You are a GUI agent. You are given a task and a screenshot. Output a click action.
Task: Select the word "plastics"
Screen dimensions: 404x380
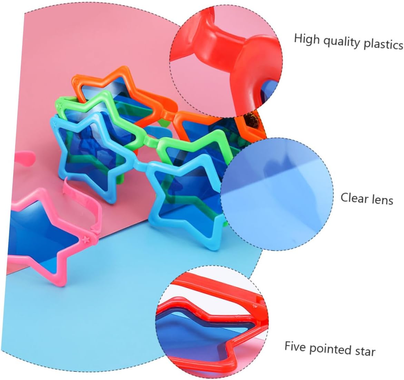coord(383,44)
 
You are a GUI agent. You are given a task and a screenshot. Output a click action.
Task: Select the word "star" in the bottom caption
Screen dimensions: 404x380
coord(365,351)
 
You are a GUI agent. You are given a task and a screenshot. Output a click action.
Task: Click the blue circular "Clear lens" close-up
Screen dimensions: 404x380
coord(277,194)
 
